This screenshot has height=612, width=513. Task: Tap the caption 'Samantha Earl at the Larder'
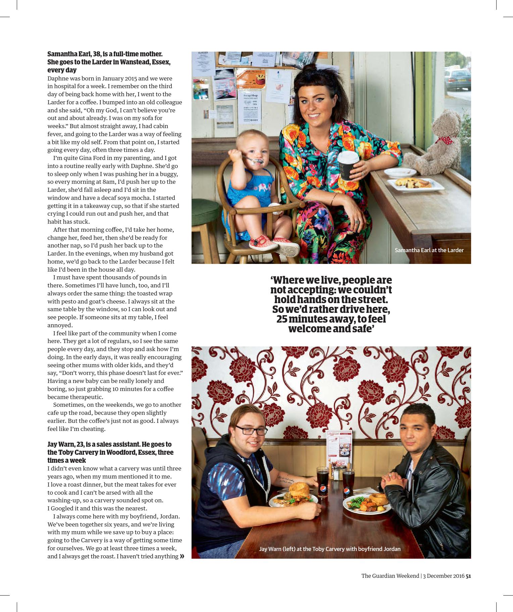(429, 250)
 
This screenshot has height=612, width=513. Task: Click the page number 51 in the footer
(468, 576)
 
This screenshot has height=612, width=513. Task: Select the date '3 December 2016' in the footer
(443, 576)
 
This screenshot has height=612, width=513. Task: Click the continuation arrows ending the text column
(182, 556)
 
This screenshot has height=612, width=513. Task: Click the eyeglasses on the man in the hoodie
(249, 430)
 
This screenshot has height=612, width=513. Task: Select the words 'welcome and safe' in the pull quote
(331, 329)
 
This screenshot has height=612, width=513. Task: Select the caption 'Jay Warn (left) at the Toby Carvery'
(329, 549)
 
